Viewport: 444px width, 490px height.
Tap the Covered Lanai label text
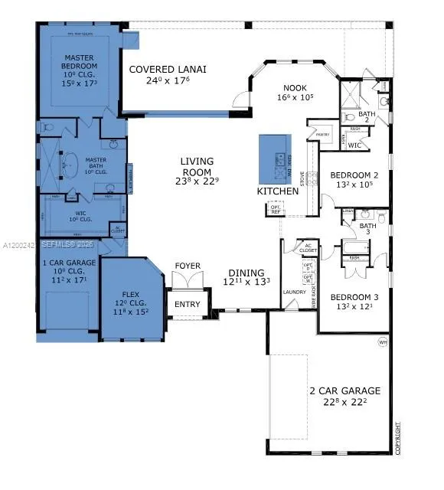[167, 69]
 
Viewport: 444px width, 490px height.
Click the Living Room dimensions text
[197, 181]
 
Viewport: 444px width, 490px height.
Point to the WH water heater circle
[382, 342]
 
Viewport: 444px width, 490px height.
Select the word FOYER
[188, 266]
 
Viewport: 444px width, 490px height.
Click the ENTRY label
[188, 304]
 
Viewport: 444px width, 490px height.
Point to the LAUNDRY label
[294, 292]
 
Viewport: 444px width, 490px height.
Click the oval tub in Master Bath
[70, 165]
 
